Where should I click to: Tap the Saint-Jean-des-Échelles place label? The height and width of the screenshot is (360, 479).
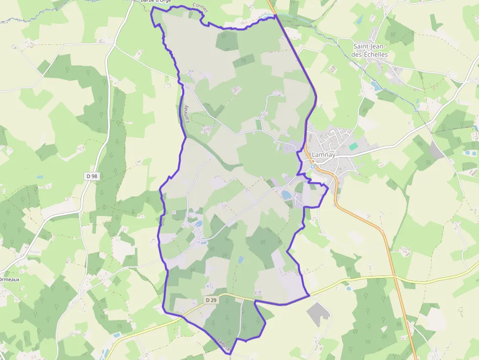pyautogui.click(x=370, y=51)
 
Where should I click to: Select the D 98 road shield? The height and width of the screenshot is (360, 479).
pyautogui.click(x=92, y=176)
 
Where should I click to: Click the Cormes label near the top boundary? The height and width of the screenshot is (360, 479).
pyautogui.click(x=200, y=7)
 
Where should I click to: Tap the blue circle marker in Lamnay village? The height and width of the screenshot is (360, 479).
pyautogui.click(x=313, y=167)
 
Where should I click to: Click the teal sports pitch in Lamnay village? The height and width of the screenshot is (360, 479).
pyautogui.click(x=353, y=147)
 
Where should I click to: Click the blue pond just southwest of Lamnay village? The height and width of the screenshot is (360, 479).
pyautogui.click(x=286, y=195)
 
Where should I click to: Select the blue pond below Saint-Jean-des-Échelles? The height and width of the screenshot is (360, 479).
pyautogui.click(x=376, y=86)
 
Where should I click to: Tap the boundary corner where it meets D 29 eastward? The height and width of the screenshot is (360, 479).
pyautogui.click(x=309, y=295)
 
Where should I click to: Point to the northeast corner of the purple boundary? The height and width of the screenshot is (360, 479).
pyautogui.click(x=275, y=15)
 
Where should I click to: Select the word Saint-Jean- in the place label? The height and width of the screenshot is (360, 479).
pyautogui.click(x=370, y=47)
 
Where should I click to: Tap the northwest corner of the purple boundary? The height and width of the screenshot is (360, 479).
pyautogui.click(x=152, y=8)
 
